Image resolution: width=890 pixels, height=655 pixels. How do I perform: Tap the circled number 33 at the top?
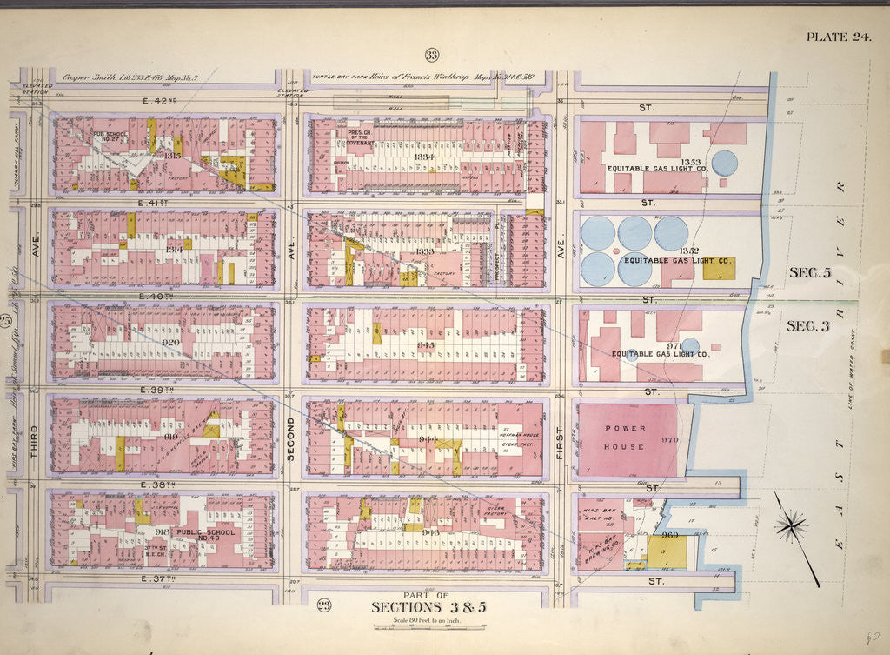click(x=431, y=57)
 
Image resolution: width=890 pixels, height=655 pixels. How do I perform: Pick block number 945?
click(x=425, y=345)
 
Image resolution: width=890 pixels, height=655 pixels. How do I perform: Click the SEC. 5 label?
click(x=809, y=272)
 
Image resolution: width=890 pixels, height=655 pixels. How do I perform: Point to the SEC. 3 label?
click(x=807, y=326)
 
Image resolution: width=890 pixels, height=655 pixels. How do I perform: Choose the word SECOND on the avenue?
click(x=291, y=439)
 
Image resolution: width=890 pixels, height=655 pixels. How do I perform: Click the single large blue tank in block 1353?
click(x=724, y=163)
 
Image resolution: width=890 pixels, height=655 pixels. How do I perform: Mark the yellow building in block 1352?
click(x=719, y=269)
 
